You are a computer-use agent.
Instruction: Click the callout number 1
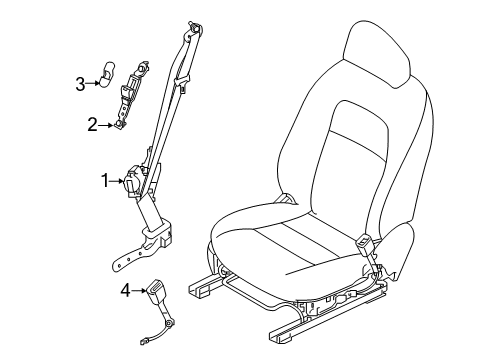103,181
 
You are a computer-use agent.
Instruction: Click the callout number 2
91,124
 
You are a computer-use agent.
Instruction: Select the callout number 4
126,292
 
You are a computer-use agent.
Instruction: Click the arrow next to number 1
117,181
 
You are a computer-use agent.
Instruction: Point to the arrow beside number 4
140,292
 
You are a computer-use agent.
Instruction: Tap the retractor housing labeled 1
134,182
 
